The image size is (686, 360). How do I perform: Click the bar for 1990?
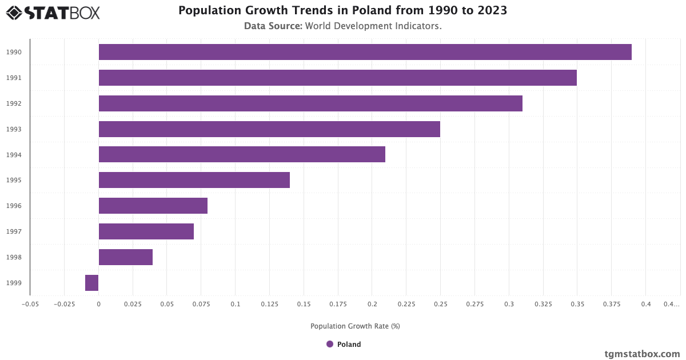pos(365,52)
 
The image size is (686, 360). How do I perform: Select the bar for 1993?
pos(269,129)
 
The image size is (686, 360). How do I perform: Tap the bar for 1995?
pos(194,180)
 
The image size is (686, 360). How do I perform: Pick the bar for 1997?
pos(146,231)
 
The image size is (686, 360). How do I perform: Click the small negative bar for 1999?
pos(92,283)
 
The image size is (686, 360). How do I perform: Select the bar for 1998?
pos(126,257)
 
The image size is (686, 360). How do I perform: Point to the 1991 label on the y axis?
pos(14,78)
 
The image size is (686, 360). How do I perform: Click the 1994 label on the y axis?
pos(14,155)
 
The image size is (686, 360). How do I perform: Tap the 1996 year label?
pos(14,206)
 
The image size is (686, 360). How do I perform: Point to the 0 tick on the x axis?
pos(98,305)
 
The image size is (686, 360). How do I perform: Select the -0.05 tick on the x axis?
pos(30,305)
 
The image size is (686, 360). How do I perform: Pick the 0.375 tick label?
pos(618,305)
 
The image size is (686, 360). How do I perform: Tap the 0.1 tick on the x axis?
pos(235,305)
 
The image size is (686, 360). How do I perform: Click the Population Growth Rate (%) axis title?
pos(355,326)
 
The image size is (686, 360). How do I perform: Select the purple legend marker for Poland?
pos(330,344)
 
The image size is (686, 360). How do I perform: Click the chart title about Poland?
pos(342,11)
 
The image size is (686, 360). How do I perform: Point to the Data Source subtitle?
pos(342,26)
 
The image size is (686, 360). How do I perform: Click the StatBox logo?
pos(53,12)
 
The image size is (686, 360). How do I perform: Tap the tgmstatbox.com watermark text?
pos(642,354)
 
